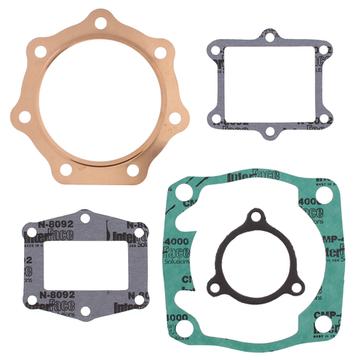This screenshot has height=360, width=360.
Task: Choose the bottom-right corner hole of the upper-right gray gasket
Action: pos(323,120)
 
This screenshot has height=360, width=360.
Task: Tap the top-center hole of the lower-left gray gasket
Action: pos(85,218)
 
